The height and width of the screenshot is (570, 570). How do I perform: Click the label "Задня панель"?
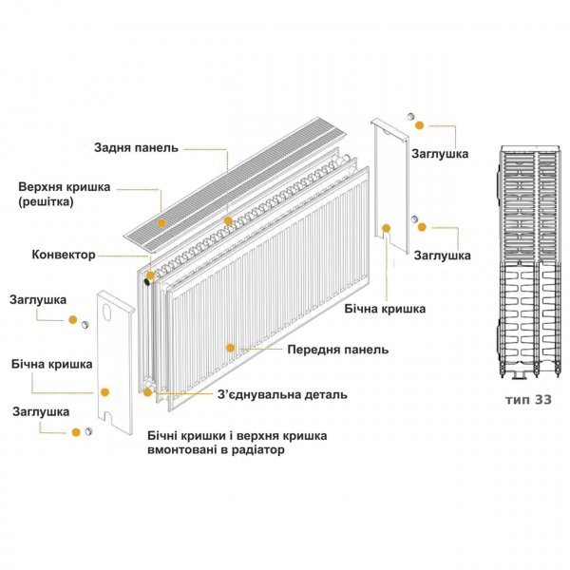coord(135,148)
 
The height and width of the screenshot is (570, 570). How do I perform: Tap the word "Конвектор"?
coord(64,256)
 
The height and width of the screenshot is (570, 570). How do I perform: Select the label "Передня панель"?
coord(337,350)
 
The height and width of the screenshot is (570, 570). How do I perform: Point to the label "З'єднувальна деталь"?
coord(282,394)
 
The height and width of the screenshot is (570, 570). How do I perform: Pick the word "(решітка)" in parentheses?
coord(46,202)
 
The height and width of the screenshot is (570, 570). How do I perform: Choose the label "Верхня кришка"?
coord(65,186)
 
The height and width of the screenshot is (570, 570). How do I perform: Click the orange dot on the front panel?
coord(230,349)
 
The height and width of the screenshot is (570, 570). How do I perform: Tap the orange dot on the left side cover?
coord(105,390)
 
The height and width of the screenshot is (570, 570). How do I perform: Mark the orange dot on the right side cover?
coord(388,227)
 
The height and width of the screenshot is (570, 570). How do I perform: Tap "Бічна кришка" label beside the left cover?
coord(52,364)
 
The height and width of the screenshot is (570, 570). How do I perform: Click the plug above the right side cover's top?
coord(410,118)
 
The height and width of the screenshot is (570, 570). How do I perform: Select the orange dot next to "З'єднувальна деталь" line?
coord(147,391)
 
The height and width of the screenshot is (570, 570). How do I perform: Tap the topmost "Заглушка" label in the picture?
coord(439,154)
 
